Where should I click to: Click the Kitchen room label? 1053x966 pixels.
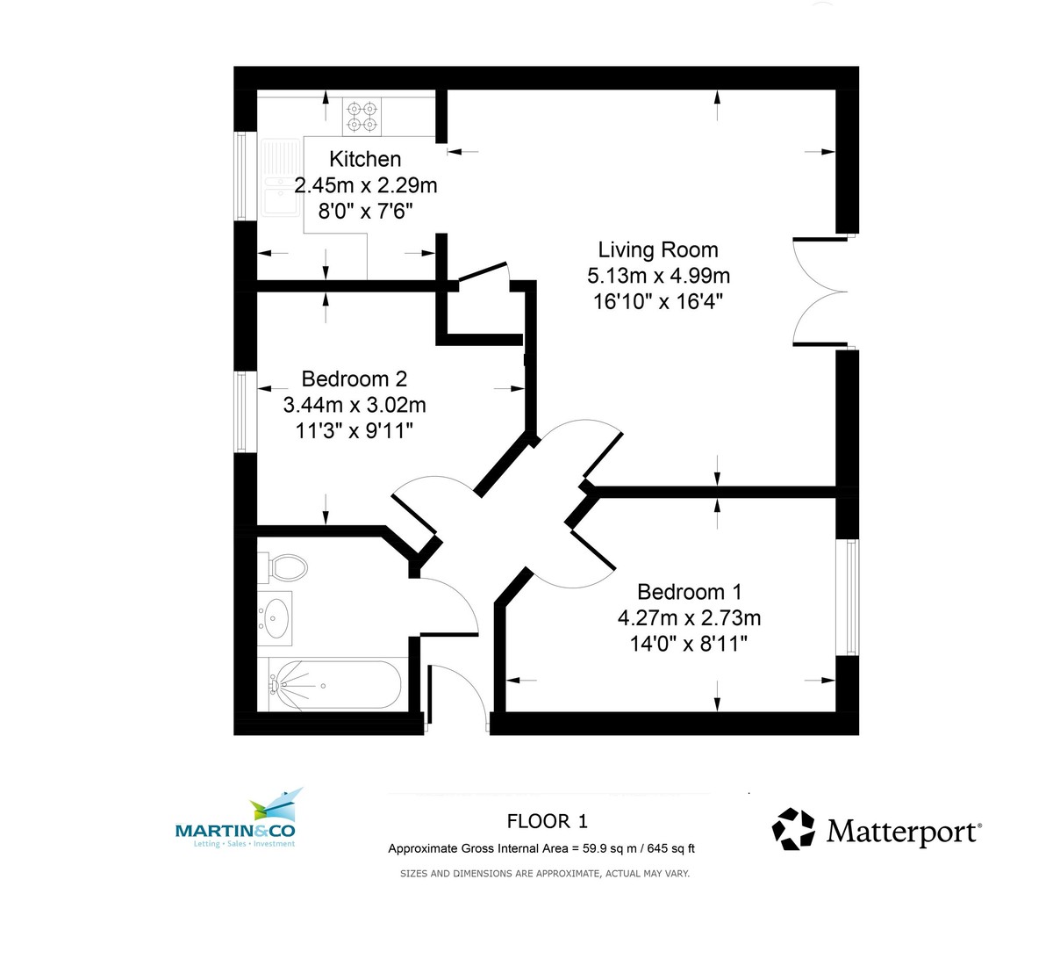pyautogui.click(x=365, y=159)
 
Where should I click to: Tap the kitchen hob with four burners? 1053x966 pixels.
pyautogui.click(x=362, y=118)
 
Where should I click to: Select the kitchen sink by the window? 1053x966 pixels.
pyautogui.click(x=281, y=177)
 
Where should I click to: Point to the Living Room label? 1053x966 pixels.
pyautogui.click(x=658, y=250)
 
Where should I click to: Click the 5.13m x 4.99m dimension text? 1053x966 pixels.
pyautogui.click(x=658, y=276)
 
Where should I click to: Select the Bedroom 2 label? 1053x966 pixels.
pyautogui.click(x=354, y=378)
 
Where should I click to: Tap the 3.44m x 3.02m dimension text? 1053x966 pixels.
pyautogui.click(x=354, y=405)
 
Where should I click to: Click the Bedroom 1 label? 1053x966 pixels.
pyautogui.click(x=689, y=592)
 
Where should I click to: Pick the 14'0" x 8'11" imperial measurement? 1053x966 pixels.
pyautogui.click(x=689, y=644)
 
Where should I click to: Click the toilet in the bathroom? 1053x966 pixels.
pyautogui.click(x=285, y=566)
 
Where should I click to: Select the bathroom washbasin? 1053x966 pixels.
pyautogui.click(x=276, y=616)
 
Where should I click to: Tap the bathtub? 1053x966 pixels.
pyautogui.click(x=333, y=685)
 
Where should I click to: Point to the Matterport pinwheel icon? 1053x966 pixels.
pyautogui.click(x=793, y=829)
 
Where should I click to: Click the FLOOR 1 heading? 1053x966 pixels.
pyautogui.click(x=547, y=821)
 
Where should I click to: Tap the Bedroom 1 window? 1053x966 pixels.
pyautogui.click(x=848, y=597)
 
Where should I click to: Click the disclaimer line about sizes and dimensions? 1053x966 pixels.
pyautogui.click(x=544, y=874)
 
